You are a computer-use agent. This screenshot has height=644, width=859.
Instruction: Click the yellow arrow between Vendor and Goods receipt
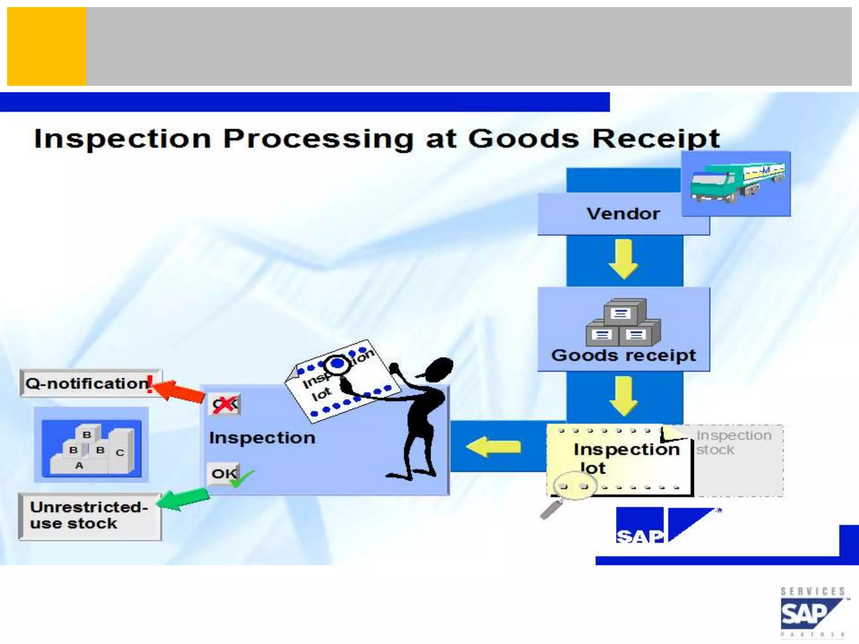[x=623, y=259]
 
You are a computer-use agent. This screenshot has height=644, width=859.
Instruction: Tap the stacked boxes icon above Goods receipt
[x=623, y=322]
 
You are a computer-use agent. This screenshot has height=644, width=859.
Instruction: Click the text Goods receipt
[x=623, y=356]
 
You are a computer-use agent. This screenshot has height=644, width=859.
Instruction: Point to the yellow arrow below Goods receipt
[x=623, y=395]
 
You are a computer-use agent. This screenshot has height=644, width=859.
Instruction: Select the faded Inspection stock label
[x=734, y=443]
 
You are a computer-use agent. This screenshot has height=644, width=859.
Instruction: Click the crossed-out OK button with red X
[x=225, y=404]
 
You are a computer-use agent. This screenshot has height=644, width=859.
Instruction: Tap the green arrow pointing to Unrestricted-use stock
[x=185, y=499]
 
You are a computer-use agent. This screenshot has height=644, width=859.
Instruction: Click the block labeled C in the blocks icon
[x=120, y=452]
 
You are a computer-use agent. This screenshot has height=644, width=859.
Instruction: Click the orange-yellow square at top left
[x=47, y=47]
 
